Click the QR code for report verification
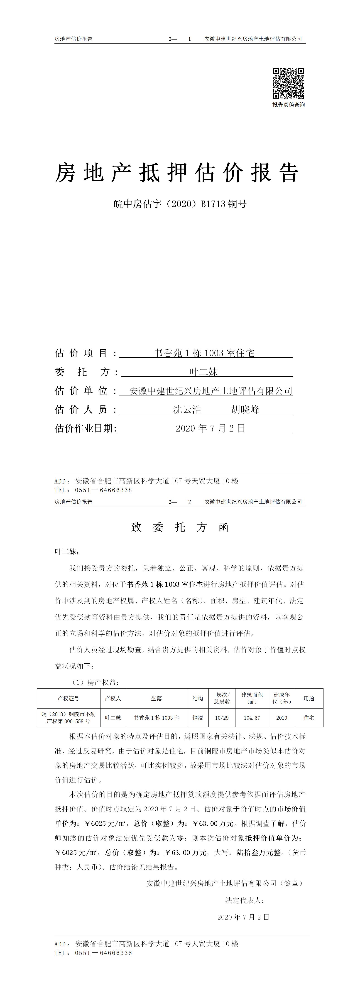tap(289, 83)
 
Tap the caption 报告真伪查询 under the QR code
tap(289, 105)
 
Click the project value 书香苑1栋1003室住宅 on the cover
tap(204, 353)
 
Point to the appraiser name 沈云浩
tap(187, 409)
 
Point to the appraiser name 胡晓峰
tap(245, 409)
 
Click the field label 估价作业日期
tap(85, 428)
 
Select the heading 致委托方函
tap(180, 527)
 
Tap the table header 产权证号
tap(69, 698)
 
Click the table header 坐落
tap(157, 698)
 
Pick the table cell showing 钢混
tap(198, 717)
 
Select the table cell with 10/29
tap(222, 717)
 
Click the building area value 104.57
tap(252, 717)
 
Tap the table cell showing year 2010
tap(282, 717)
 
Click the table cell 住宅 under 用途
tap(309, 717)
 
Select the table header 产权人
tap(113, 698)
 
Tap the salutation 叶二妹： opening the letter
tap(67, 552)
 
